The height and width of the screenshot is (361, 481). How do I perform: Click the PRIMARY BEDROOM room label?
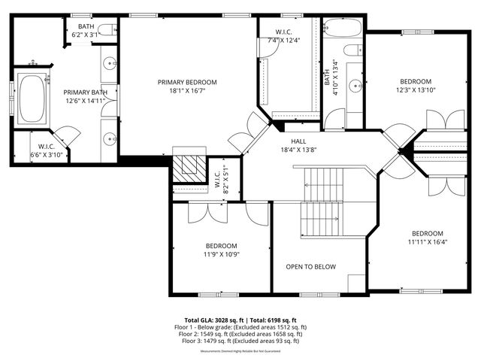pyautogui.click(x=187, y=82)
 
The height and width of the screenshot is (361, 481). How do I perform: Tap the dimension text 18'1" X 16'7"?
pyautogui.click(x=187, y=90)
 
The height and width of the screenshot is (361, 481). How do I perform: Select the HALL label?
pyautogui.click(x=299, y=141)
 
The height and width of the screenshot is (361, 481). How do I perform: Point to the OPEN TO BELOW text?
pyautogui.click(x=310, y=267)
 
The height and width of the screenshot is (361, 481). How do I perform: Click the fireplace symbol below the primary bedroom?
pyautogui.click(x=188, y=166)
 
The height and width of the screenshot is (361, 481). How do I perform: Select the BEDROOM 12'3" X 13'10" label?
pyautogui.click(x=416, y=81)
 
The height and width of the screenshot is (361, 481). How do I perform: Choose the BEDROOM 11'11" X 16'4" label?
pyautogui.click(x=426, y=233)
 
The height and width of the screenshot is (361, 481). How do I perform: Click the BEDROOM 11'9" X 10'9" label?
pyautogui.click(x=222, y=246)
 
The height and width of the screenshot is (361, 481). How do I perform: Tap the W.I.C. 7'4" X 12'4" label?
pyautogui.click(x=283, y=31)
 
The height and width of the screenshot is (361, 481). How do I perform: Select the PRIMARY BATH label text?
pyautogui.click(x=85, y=93)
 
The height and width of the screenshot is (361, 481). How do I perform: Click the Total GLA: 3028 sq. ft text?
pyautogui.click(x=211, y=320)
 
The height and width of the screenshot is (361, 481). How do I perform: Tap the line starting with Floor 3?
pyautogui.click(x=245, y=341)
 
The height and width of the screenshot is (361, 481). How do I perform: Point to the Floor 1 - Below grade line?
pyautogui.click(x=245, y=327)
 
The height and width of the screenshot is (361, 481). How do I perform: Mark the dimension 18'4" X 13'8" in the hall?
pyautogui.click(x=299, y=150)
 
